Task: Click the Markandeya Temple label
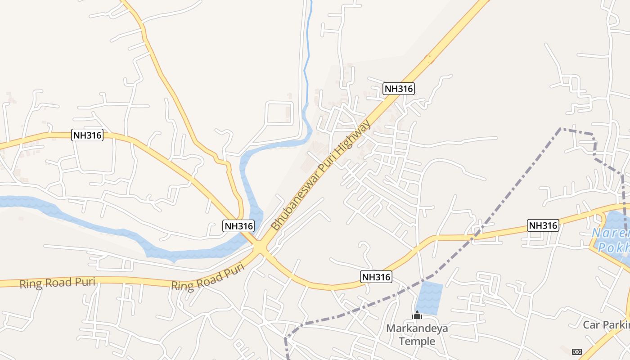(x=417, y=334)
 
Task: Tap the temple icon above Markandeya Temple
(x=417, y=315)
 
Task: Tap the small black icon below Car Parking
(x=576, y=351)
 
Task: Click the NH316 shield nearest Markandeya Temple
(x=376, y=277)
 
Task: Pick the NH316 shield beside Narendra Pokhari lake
(x=543, y=225)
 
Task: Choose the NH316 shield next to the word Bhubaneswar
(x=238, y=226)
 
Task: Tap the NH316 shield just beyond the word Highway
(x=398, y=89)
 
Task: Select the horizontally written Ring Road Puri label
(x=52, y=283)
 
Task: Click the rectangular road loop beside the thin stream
(x=280, y=112)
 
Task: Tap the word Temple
(x=417, y=341)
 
